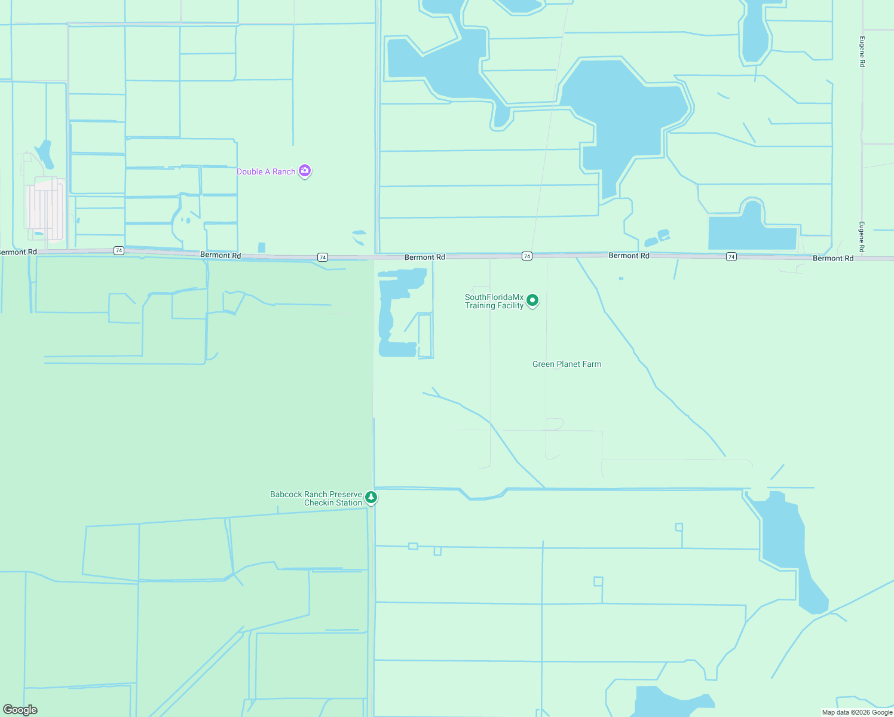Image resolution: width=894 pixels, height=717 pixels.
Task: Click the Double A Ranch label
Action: (x=266, y=171)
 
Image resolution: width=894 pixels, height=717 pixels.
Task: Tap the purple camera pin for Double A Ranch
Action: (x=305, y=171)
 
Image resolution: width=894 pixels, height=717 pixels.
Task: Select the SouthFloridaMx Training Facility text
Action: (x=494, y=301)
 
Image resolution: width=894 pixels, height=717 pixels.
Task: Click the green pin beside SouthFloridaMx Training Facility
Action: (x=532, y=300)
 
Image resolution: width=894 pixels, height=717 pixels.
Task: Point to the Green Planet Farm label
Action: (x=567, y=364)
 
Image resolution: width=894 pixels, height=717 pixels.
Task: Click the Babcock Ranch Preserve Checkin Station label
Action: (x=316, y=498)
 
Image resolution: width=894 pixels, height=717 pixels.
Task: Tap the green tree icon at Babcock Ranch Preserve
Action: (x=371, y=497)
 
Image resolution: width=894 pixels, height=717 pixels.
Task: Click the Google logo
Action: (x=20, y=710)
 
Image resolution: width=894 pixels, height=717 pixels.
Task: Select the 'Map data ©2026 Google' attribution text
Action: (x=857, y=712)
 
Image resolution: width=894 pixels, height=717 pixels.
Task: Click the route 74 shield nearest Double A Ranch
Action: (x=323, y=257)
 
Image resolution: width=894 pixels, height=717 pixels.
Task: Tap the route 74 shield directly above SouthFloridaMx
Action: (x=526, y=256)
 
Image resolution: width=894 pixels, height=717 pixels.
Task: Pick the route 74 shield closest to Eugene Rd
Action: (x=731, y=256)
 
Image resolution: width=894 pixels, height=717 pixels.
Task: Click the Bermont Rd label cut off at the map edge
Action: (x=19, y=252)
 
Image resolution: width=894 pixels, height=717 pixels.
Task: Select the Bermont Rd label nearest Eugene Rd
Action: (x=833, y=258)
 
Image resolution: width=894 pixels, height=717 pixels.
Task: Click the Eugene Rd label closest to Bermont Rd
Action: (x=862, y=237)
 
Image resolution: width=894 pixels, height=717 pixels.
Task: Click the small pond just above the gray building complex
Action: (x=44, y=154)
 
